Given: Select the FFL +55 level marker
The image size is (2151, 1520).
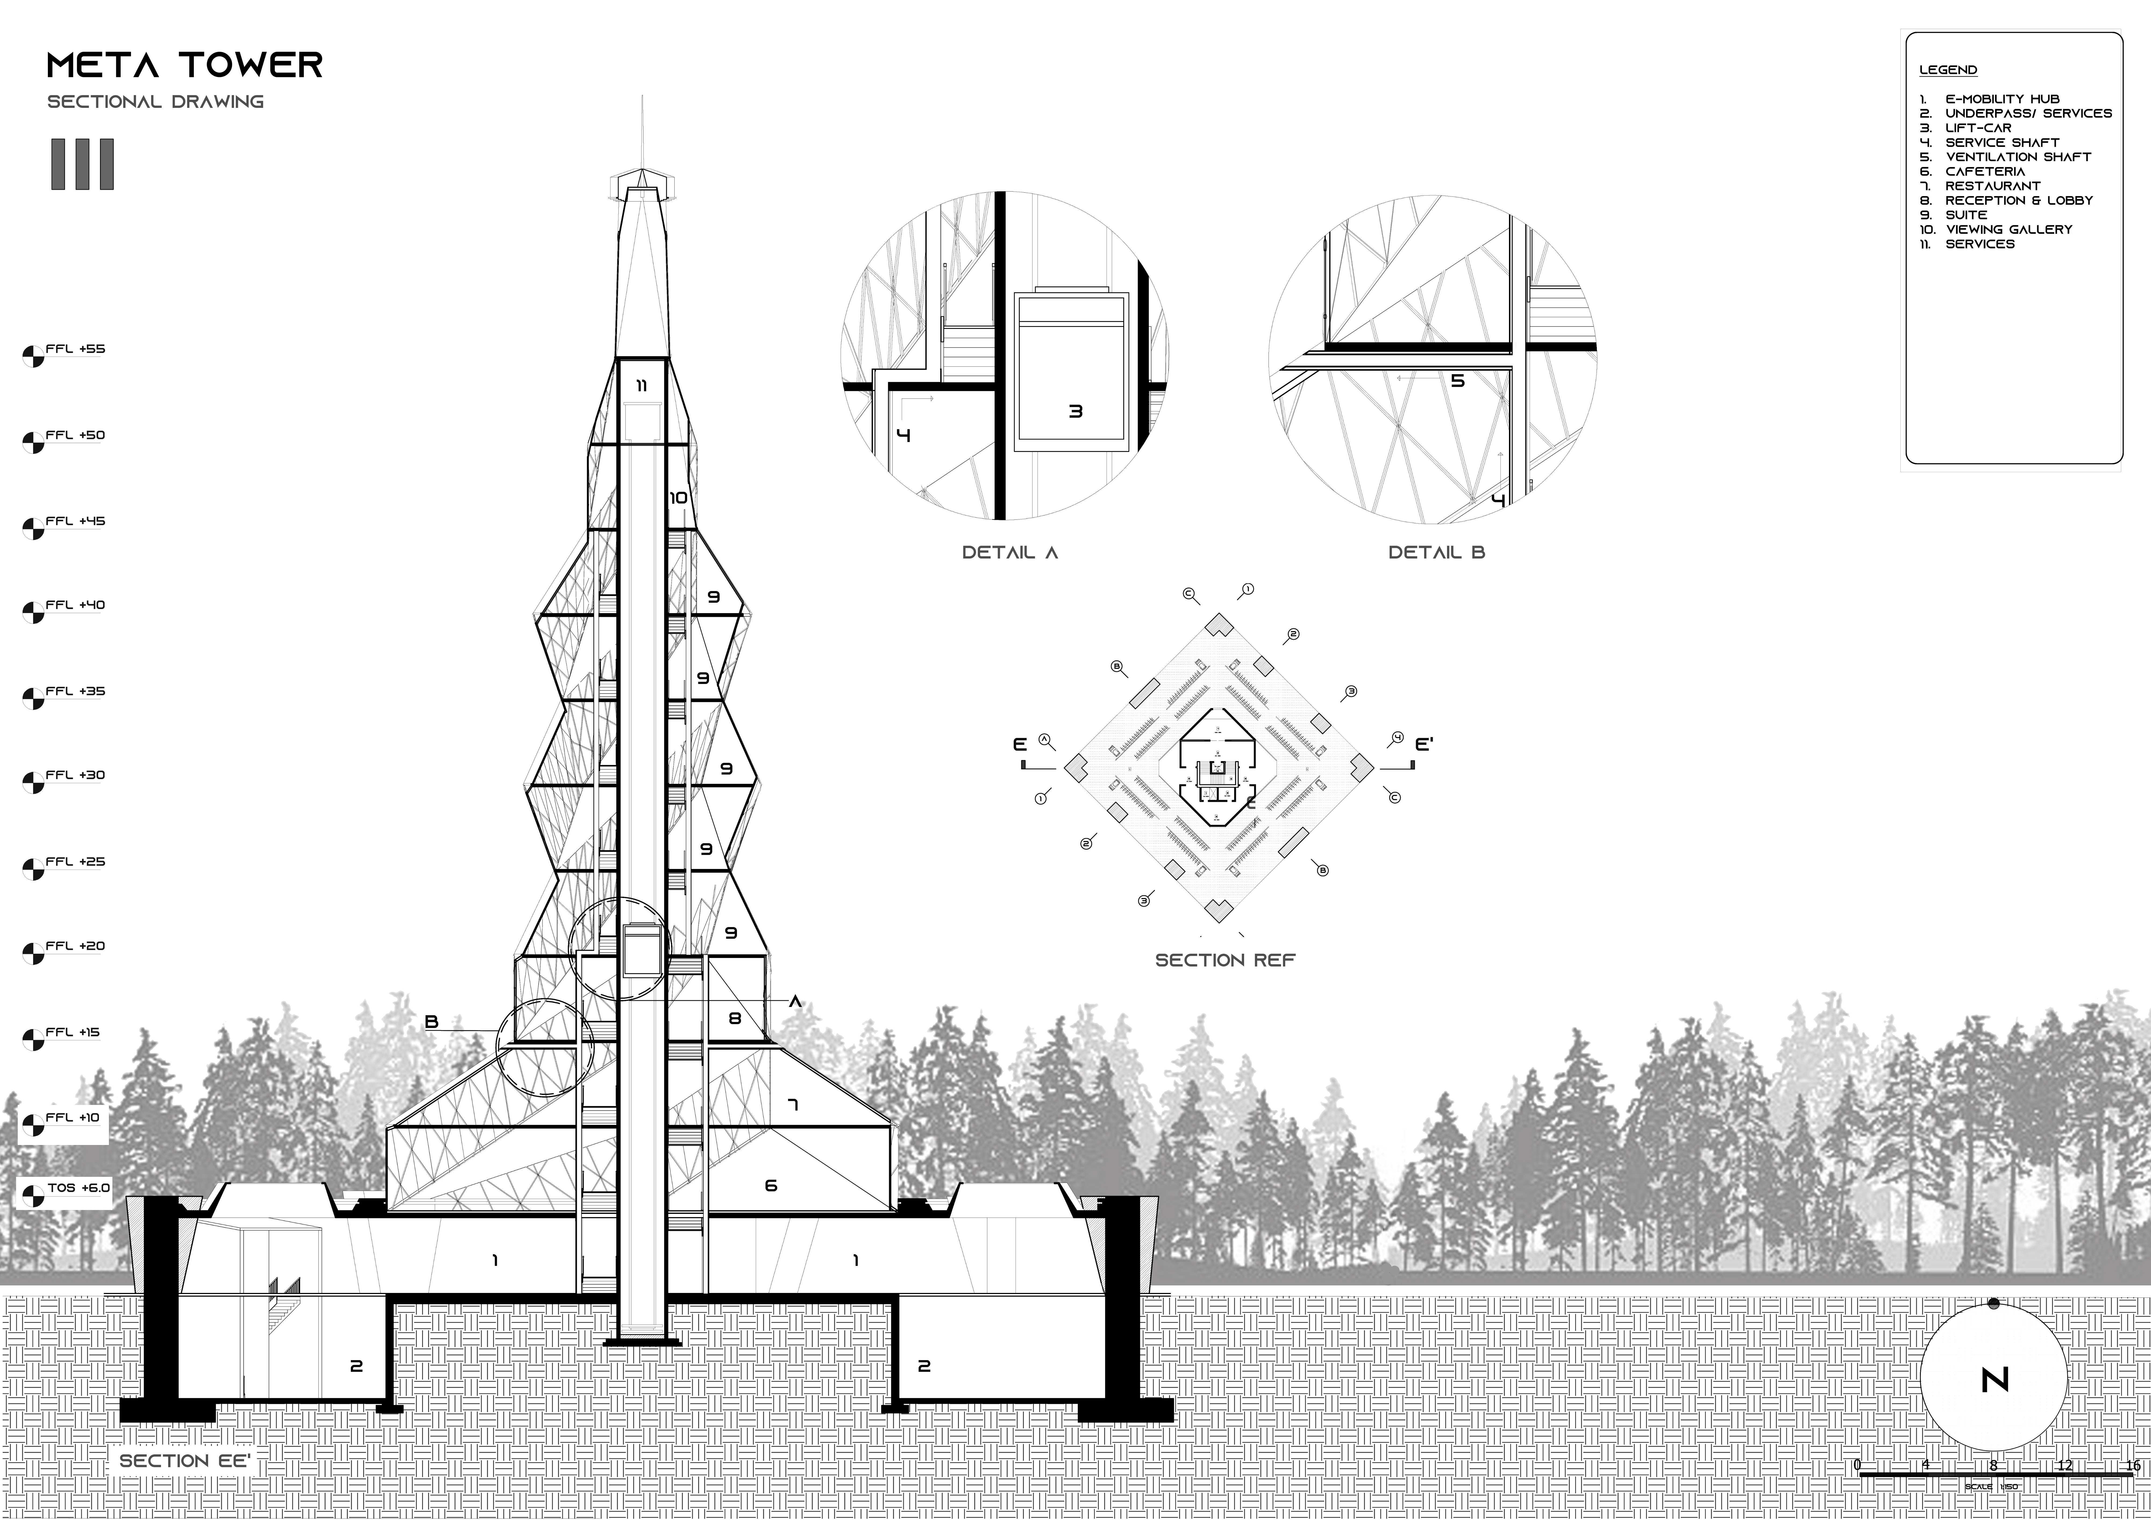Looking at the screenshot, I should pyautogui.click(x=75, y=349).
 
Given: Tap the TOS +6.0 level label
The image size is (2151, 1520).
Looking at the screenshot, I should pyautogui.click(x=79, y=1188).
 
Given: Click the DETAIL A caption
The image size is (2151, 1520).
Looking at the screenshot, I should pyautogui.click(x=1010, y=553).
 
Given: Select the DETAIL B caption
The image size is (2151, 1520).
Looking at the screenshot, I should pyautogui.click(x=1436, y=553).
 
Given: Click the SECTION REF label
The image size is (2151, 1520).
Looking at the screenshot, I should pyautogui.click(x=1224, y=960).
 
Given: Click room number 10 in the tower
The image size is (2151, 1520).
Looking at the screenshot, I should pyautogui.click(x=678, y=498).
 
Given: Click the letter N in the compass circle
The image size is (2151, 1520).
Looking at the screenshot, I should pyautogui.click(x=1995, y=1380).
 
